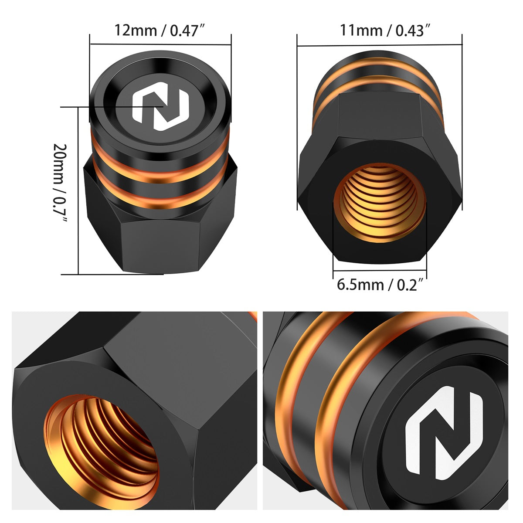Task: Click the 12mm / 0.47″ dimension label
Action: [160, 30]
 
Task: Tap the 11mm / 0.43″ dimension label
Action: [385, 30]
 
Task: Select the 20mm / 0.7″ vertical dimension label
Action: [60, 182]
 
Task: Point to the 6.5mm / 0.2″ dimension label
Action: [380, 285]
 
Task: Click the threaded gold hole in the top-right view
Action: [380, 203]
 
